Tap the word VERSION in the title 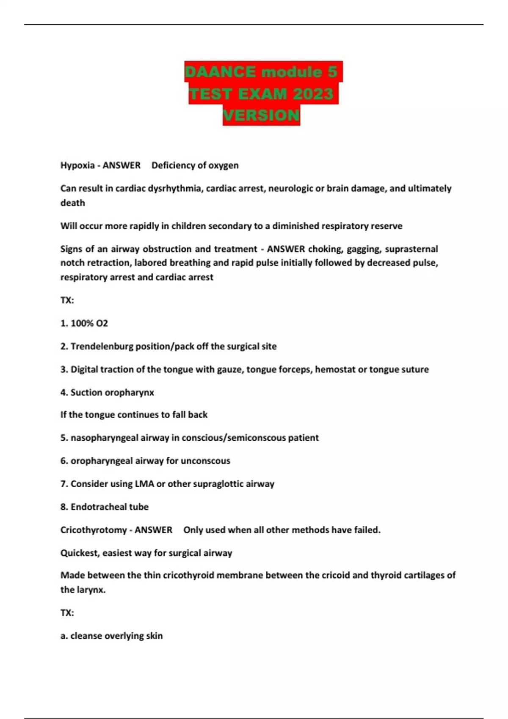[261, 115]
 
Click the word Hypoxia [77, 165]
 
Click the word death [72, 203]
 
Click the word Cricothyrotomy [94, 530]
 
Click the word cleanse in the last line [86, 636]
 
